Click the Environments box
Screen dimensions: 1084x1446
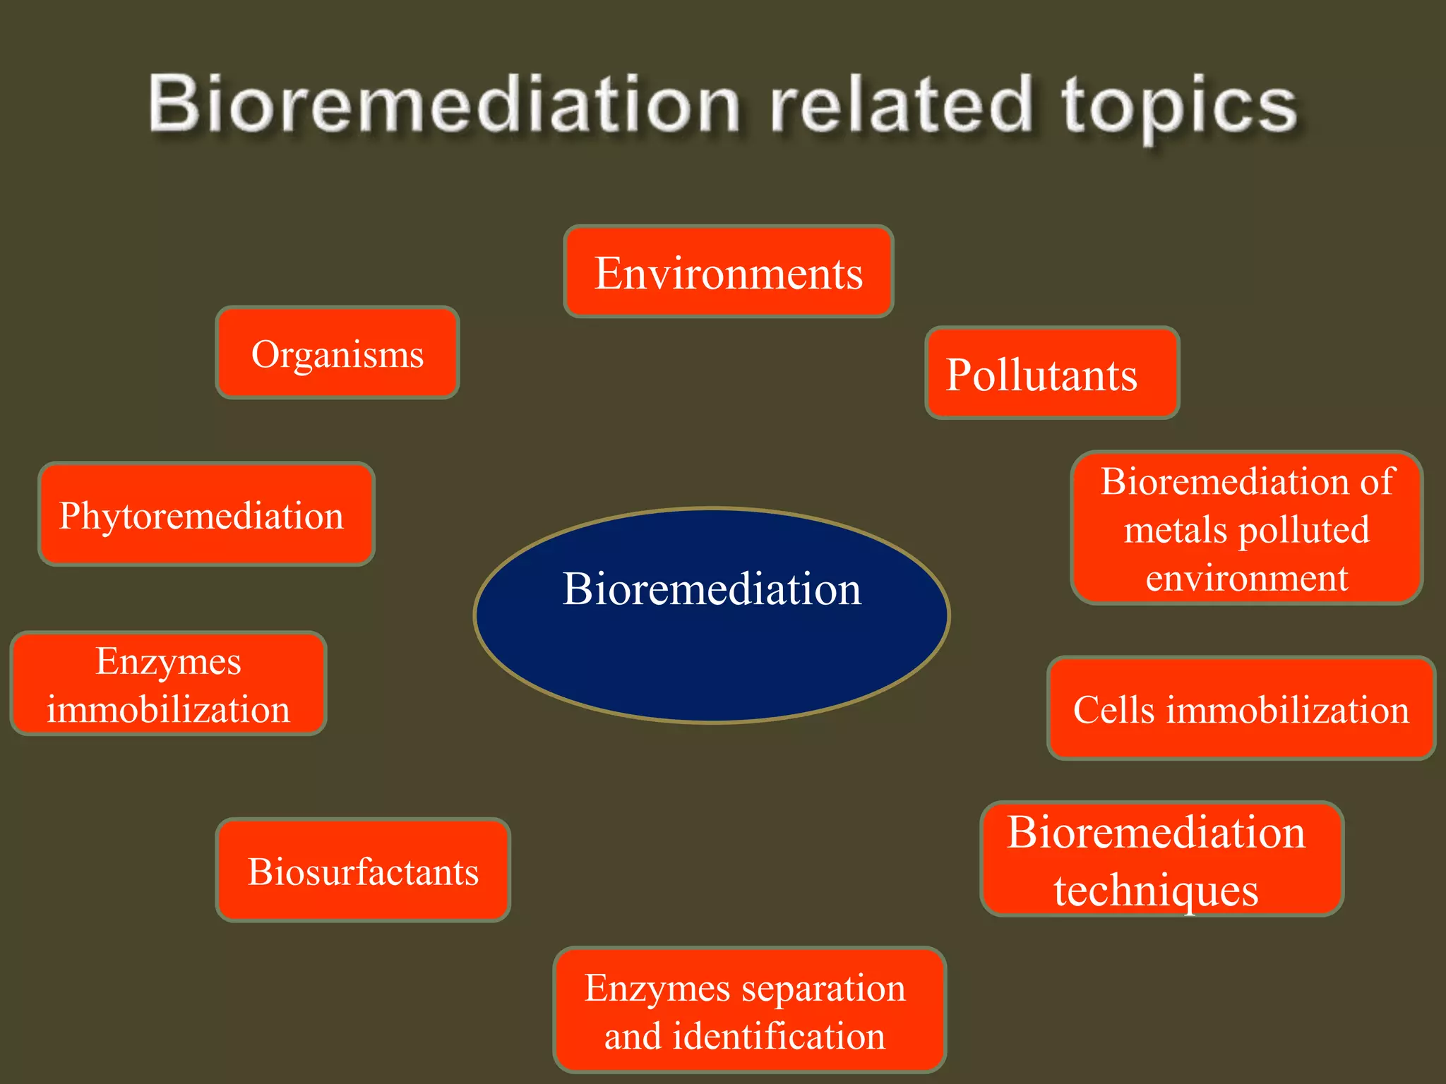(729, 272)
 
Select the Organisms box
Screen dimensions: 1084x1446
(337, 353)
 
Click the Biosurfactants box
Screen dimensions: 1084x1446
(363, 870)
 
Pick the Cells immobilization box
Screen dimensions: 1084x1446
(1241, 709)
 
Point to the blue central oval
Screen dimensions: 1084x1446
(712, 656)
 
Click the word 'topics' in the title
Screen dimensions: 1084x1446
(1179, 106)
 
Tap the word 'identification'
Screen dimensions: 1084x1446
(779, 1035)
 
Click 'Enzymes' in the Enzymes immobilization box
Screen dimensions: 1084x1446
(168, 662)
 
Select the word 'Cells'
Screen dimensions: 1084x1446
(1113, 709)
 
